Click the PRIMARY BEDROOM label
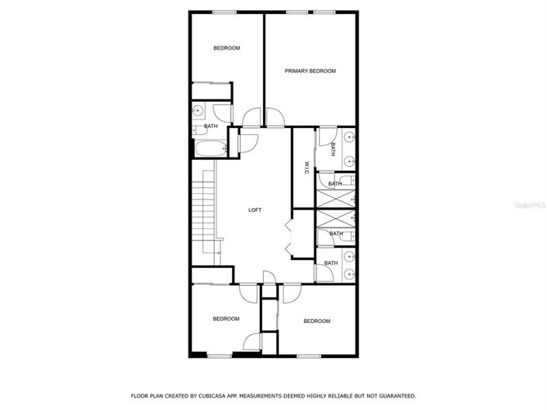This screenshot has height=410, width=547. (x=310, y=71)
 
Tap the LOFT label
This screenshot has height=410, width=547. (x=254, y=210)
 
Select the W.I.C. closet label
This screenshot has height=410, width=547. (x=307, y=169)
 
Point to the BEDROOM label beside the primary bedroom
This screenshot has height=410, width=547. (x=227, y=48)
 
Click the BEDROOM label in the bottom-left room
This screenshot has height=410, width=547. (x=226, y=318)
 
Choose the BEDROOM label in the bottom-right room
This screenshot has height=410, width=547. (x=317, y=321)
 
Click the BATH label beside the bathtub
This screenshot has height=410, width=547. (x=210, y=126)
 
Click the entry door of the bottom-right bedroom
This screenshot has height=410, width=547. (x=292, y=293)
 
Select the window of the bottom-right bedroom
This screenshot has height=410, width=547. (x=310, y=356)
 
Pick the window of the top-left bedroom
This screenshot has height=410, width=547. (x=225, y=11)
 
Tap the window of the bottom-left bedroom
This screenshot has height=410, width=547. (x=220, y=356)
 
